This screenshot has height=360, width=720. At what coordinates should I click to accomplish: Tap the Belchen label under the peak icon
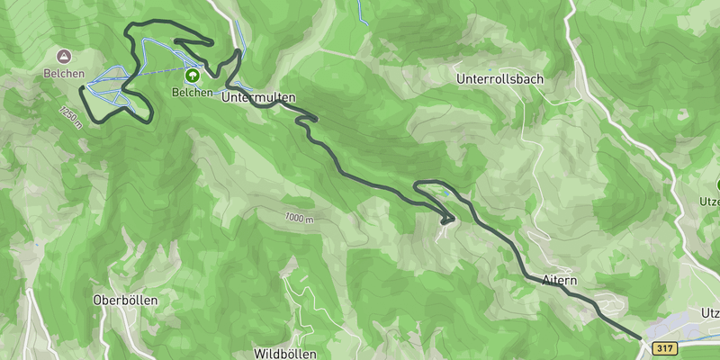[63, 74]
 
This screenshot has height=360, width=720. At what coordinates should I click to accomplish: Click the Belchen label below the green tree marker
[193, 92]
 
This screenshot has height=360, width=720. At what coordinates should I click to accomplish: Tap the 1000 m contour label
[299, 218]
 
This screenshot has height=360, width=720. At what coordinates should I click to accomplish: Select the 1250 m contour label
[71, 117]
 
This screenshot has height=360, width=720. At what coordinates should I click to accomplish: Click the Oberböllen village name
[126, 300]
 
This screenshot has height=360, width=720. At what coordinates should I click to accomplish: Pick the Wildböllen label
[285, 354]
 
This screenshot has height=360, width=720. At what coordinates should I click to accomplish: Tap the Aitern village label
[560, 279]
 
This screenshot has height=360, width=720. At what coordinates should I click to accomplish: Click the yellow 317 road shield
[665, 348]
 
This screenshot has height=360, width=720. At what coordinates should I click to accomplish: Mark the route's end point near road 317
[640, 338]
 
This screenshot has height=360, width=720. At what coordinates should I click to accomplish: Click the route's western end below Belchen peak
[83, 87]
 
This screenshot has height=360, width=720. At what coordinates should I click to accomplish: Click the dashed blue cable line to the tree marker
[162, 71]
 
